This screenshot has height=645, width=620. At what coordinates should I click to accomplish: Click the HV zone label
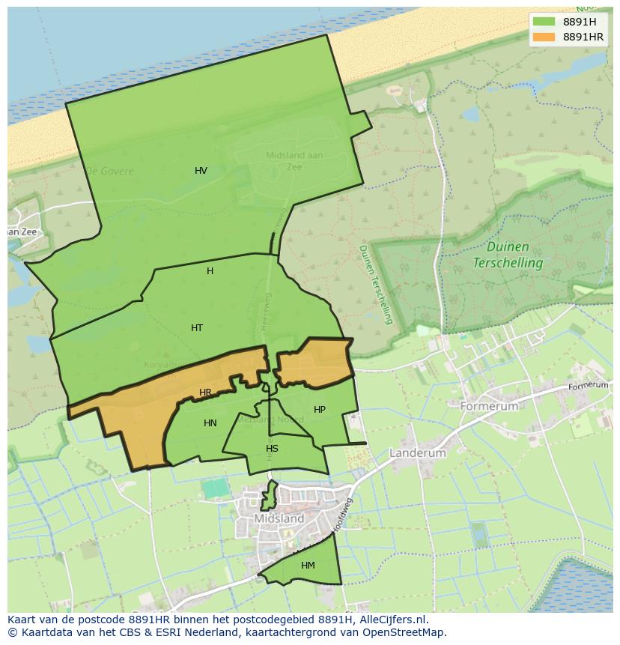[201, 171]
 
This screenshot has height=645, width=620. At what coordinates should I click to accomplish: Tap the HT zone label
[197, 328]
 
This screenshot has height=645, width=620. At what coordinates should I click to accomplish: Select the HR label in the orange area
[205, 393]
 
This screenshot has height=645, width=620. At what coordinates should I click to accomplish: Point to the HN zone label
[210, 423]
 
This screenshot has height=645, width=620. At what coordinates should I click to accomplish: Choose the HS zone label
[272, 449]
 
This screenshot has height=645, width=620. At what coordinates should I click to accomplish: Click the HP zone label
[320, 410]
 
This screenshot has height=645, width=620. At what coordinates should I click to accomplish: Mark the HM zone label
[308, 566]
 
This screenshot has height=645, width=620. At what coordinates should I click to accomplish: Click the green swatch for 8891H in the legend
[544, 22]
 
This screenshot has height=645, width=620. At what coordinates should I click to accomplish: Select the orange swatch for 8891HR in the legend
[544, 37]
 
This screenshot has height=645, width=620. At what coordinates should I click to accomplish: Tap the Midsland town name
[279, 518]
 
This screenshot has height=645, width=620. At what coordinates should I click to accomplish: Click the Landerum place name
[417, 453]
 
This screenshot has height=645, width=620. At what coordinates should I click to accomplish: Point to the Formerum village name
[489, 406]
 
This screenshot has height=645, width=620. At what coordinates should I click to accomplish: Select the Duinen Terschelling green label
[507, 255]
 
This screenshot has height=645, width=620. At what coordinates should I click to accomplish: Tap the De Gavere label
[109, 171]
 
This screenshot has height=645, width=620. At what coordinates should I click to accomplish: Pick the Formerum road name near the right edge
[589, 386]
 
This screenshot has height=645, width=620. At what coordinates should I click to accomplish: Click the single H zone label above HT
[210, 271]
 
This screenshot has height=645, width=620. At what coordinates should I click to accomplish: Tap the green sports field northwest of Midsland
[216, 488]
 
